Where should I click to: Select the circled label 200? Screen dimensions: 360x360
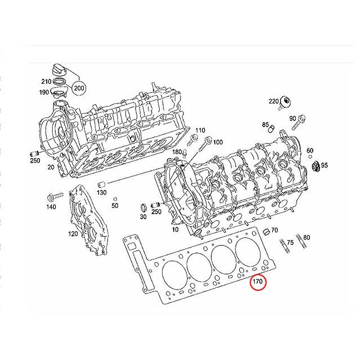(x=79, y=87)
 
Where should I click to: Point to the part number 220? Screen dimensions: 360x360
(x=273, y=101)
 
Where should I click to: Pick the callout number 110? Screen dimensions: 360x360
(x=200, y=130)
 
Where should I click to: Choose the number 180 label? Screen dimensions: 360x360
(x=178, y=152)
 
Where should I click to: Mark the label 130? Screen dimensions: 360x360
(x=101, y=193)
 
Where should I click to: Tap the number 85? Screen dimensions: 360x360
(x=265, y=124)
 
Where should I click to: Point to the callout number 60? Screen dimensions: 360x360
(x=310, y=151)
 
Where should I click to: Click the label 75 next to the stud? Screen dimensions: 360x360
(x=290, y=242)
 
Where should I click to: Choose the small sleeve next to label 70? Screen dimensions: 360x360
(x=265, y=231)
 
